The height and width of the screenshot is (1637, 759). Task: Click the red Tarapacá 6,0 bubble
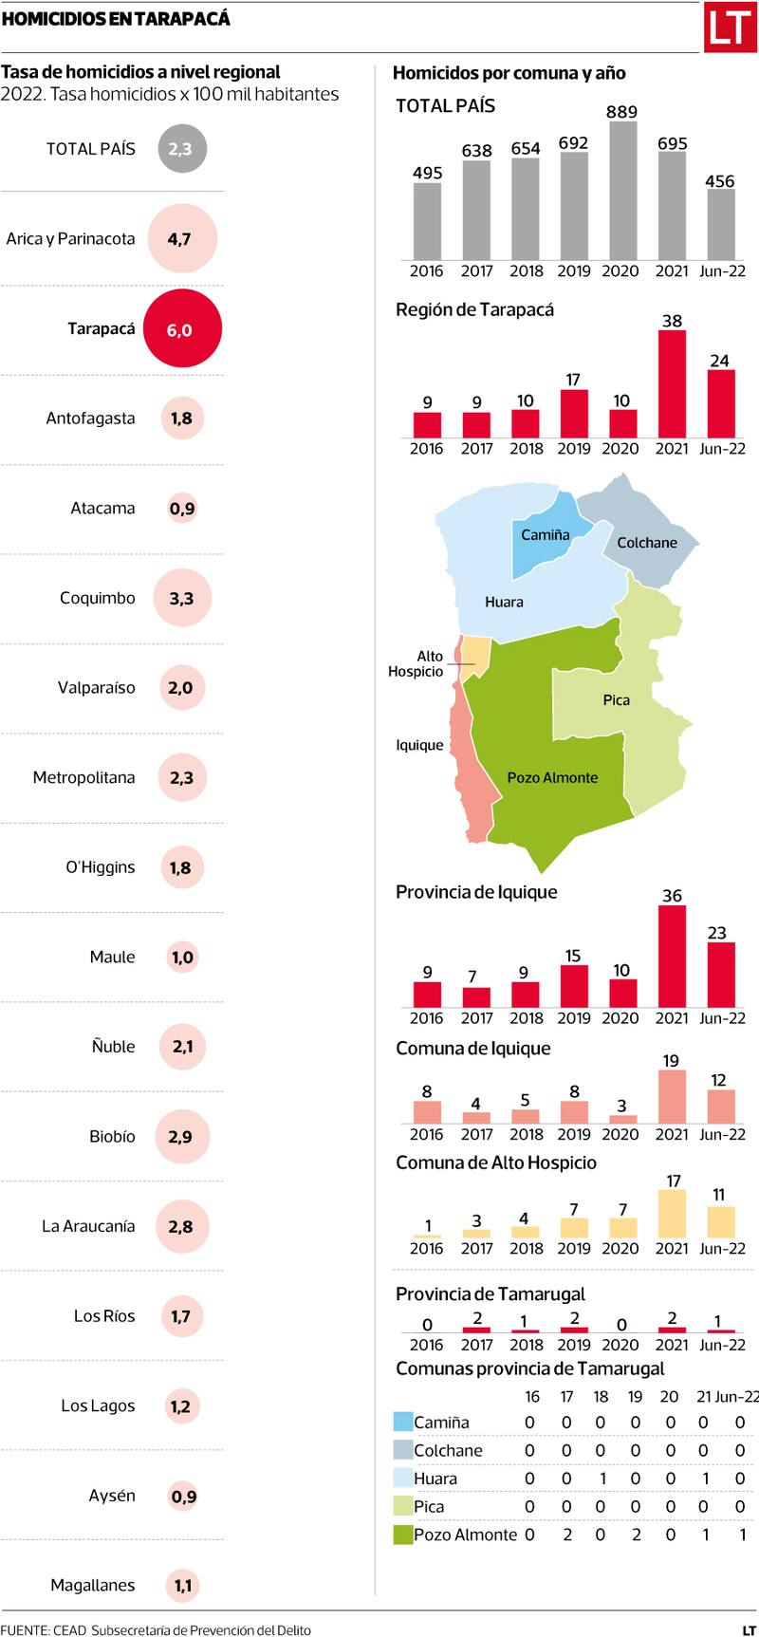[x=181, y=329]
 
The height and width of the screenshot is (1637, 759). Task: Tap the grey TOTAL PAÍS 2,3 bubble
[x=181, y=149]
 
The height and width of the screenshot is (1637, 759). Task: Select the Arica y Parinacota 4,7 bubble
[x=181, y=239]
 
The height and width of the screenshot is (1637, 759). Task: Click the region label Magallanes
[x=93, y=1585]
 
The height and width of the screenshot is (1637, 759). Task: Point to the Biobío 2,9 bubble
[x=181, y=1136]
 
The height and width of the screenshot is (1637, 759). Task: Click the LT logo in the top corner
[x=729, y=28]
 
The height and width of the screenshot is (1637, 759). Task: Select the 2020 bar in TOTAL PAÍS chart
[x=621, y=191]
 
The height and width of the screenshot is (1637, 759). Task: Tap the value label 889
[x=621, y=112]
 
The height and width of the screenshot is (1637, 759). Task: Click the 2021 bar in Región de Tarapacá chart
[x=672, y=384]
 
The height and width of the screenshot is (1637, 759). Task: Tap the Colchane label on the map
[x=647, y=543]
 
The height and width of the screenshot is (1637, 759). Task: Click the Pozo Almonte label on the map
[x=552, y=777]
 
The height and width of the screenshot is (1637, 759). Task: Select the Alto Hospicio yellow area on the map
[x=476, y=657]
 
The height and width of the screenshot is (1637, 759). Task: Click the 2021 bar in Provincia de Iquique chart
[x=672, y=957]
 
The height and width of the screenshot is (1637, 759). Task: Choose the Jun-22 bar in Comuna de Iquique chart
[x=721, y=1107]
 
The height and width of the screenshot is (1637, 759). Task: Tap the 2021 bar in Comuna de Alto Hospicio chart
[x=672, y=1214]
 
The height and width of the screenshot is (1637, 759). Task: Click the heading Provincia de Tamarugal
[x=490, y=1294]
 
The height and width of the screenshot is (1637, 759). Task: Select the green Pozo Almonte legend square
[x=403, y=1535]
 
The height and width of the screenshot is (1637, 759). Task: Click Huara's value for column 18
[x=601, y=1479]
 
